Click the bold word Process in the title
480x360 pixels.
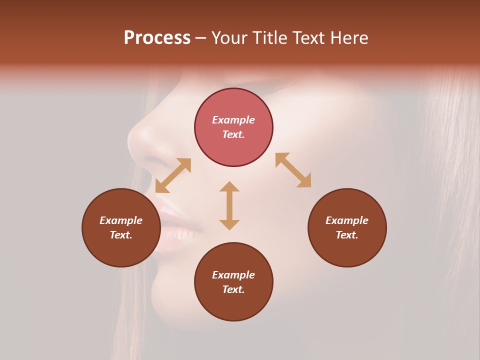(157, 38)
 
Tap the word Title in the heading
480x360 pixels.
(270, 38)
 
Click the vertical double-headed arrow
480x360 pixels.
(229, 205)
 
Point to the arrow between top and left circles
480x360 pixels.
(173, 175)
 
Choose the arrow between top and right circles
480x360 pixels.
(293, 170)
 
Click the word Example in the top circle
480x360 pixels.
(233, 120)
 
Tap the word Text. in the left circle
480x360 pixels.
(121, 235)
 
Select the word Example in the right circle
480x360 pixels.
(347, 220)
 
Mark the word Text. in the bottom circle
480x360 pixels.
(233, 289)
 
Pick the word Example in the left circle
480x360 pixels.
(121, 220)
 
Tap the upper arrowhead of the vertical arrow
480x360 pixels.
(229, 186)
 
